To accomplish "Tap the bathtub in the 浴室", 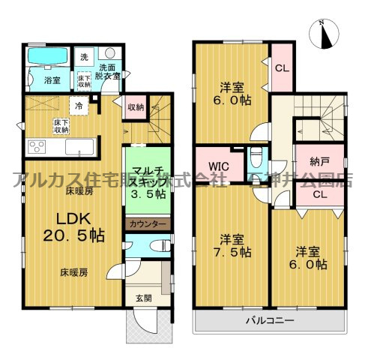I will tap(46, 57).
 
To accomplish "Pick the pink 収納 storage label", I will tap(135, 107).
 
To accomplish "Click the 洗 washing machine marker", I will tap(84, 57).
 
